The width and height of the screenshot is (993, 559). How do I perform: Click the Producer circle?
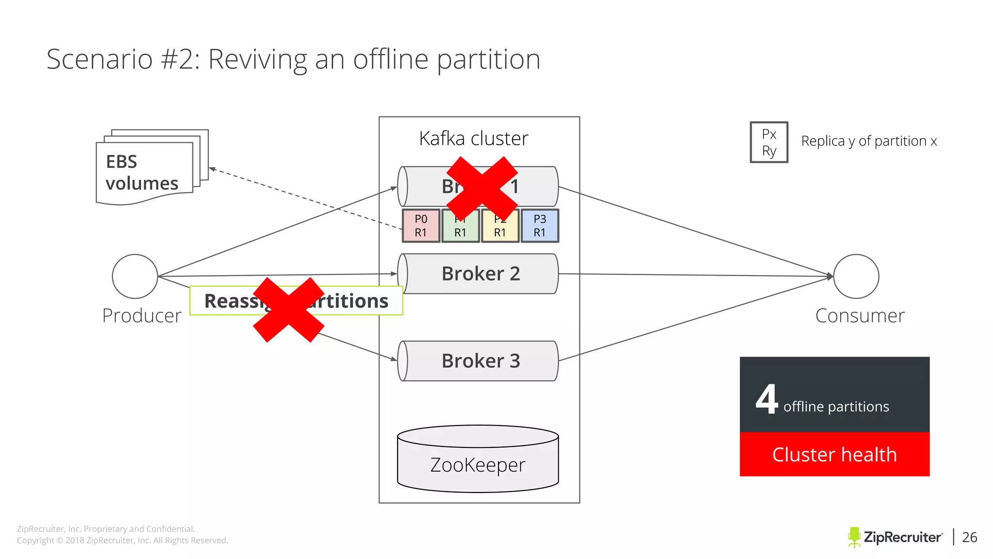pyautogui.click(x=135, y=276)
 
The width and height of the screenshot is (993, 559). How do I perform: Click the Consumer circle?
pyautogui.click(x=856, y=276)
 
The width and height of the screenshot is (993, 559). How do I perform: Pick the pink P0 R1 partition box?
pyautogui.click(x=421, y=226)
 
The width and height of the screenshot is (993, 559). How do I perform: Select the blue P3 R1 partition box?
pyautogui.click(x=540, y=226)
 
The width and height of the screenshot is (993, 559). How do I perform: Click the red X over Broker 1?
pyautogui.click(x=482, y=188)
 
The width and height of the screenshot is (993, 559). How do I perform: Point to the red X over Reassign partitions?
pyautogui.click(x=288, y=310)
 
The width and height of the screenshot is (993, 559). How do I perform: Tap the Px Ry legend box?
pyautogui.click(x=769, y=142)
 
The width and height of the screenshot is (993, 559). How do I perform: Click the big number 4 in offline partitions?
pyautogui.click(x=767, y=399)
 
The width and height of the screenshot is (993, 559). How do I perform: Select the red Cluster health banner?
pyautogui.click(x=834, y=454)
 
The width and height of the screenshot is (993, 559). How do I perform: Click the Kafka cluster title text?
pyautogui.click(x=473, y=139)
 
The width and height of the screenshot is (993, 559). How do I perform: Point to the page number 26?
pyautogui.click(x=969, y=537)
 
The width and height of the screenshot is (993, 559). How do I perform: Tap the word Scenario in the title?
pyautogui.click(x=99, y=59)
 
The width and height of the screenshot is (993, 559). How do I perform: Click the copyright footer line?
pyautogui.click(x=122, y=541)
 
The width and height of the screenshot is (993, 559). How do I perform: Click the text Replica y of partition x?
pyautogui.click(x=869, y=141)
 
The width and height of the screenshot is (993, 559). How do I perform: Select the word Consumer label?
pyautogui.click(x=860, y=316)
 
